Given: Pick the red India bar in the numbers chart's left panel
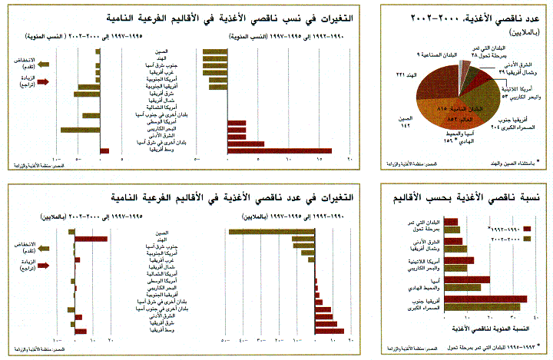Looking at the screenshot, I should click(x=91, y=239).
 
